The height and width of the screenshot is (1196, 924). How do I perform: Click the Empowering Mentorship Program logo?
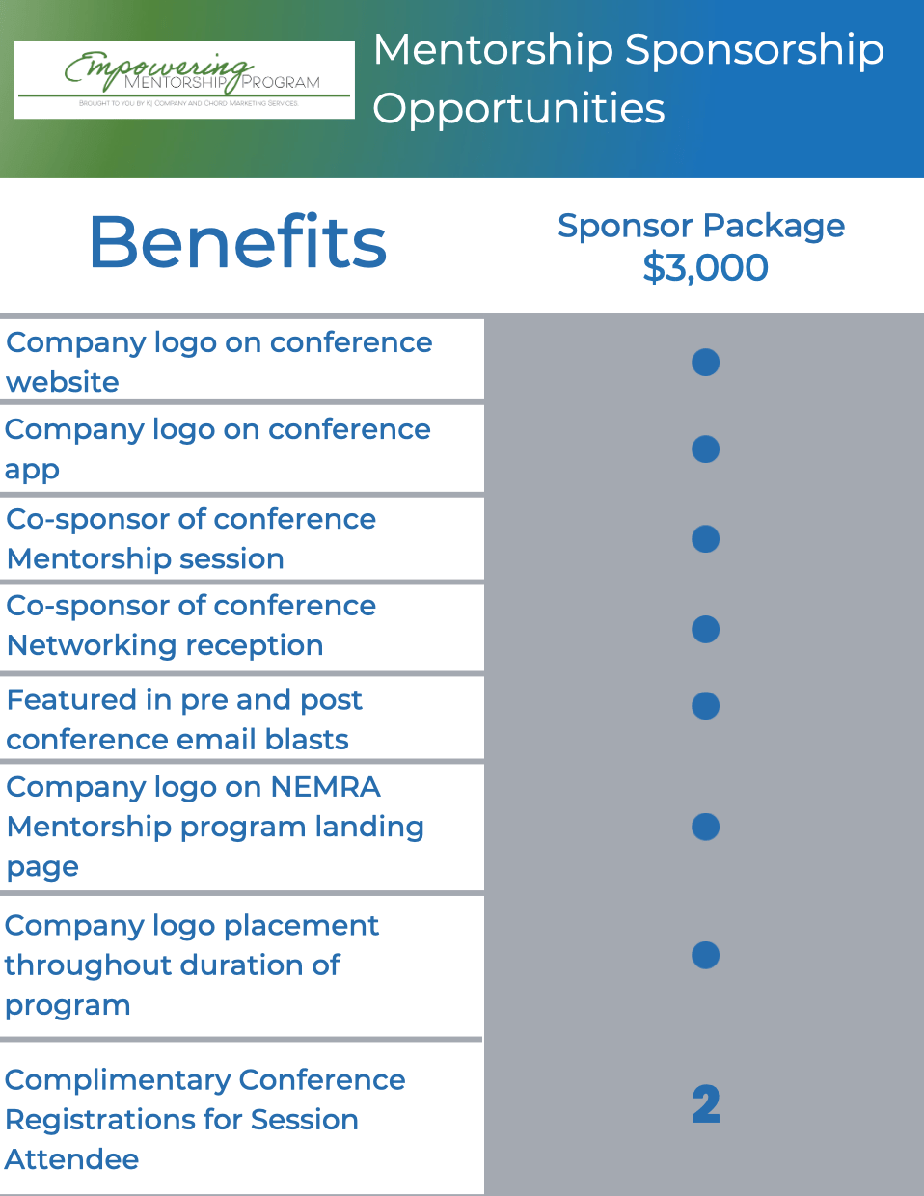click(x=184, y=79)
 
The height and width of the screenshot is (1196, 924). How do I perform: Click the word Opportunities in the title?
click(x=519, y=109)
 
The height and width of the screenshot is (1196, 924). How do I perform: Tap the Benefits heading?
click(x=237, y=242)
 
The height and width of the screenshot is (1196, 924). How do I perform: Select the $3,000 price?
click(x=705, y=267)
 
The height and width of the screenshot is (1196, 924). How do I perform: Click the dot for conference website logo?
click(x=706, y=362)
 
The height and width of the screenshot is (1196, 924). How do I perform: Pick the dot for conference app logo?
click(x=706, y=448)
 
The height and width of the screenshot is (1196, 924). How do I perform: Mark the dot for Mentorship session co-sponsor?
click(x=706, y=538)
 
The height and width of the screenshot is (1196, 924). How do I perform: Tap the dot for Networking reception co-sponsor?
click(x=706, y=629)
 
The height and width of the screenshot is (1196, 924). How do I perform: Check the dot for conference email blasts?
click(x=706, y=705)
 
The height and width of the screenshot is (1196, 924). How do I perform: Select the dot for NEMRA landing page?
click(x=706, y=827)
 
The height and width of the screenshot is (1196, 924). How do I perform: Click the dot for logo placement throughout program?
click(x=706, y=955)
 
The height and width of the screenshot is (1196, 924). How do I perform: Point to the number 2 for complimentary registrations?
click(x=706, y=1105)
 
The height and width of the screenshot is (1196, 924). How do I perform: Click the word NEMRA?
click(x=325, y=787)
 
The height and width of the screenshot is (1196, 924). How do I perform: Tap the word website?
click(x=63, y=382)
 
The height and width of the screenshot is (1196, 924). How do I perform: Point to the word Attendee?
click(x=72, y=1159)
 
